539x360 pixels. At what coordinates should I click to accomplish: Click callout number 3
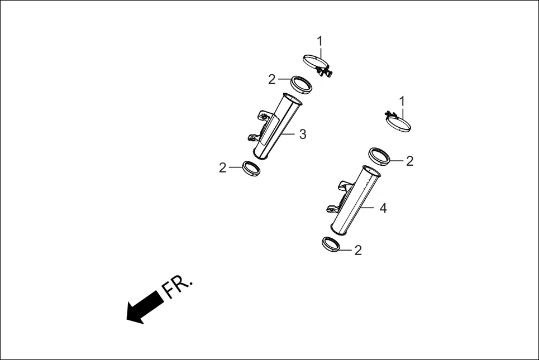pos(302,135)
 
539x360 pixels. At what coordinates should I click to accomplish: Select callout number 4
pos(383,208)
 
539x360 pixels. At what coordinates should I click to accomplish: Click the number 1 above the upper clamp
pos(320,41)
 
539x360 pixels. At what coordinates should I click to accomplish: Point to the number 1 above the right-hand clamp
pos(402,101)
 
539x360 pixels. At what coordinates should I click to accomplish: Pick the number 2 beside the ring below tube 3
pos(223,167)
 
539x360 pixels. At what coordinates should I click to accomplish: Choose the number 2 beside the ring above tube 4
pos(409,161)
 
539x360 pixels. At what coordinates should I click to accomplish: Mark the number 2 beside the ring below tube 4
pos(358,250)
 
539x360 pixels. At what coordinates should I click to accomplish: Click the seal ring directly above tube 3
pos(300,84)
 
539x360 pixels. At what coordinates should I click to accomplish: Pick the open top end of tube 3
pos(292,99)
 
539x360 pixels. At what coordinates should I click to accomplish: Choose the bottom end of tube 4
pos(338,229)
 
